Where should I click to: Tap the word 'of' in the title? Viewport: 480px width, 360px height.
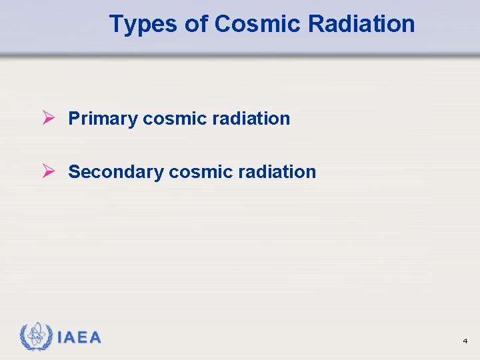click(195, 24)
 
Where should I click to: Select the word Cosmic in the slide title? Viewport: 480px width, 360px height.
click(259, 24)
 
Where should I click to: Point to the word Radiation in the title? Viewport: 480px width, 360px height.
click(361, 24)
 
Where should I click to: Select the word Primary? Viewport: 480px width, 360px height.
click(103, 119)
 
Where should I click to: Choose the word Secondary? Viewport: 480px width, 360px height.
click(115, 172)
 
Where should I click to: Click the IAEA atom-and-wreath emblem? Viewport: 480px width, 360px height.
click(35, 337)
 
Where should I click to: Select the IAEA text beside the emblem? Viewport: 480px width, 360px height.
click(79, 337)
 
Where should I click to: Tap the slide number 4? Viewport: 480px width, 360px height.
click(465, 341)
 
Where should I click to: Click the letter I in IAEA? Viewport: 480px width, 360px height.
click(60, 337)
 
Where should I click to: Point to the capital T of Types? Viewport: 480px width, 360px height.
click(116, 24)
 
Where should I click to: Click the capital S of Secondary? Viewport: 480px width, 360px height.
click(74, 172)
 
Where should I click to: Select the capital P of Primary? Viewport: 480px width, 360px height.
click(74, 119)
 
